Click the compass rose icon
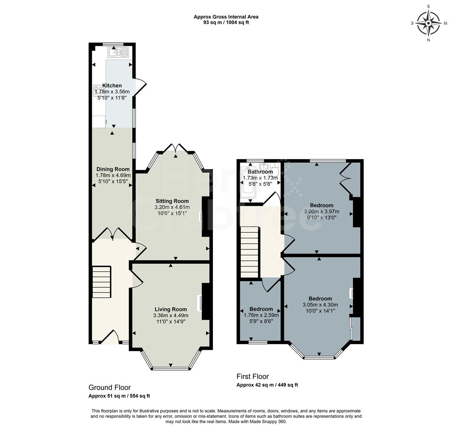[428, 23]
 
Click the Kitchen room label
[112, 85]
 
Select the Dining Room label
[113, 169]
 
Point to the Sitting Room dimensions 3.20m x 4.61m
[172, 208]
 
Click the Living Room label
[171, 309]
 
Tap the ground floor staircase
[101, 282]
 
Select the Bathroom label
[260, 172]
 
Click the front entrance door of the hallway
[110, 338]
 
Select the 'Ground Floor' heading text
[109, 388]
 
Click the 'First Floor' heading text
[253, 376]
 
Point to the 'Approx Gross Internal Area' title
[226, 17]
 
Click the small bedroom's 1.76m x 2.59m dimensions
[261, 315]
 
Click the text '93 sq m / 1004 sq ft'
[226, 22]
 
